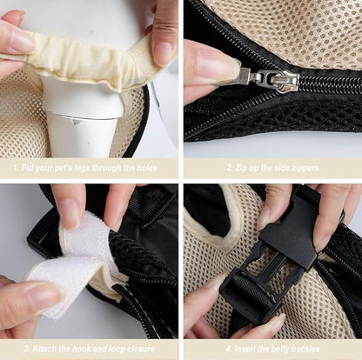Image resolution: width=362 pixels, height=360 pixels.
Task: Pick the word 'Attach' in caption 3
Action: [x=44, y=349]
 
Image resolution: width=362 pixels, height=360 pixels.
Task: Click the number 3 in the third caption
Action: [x=26, y=349]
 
